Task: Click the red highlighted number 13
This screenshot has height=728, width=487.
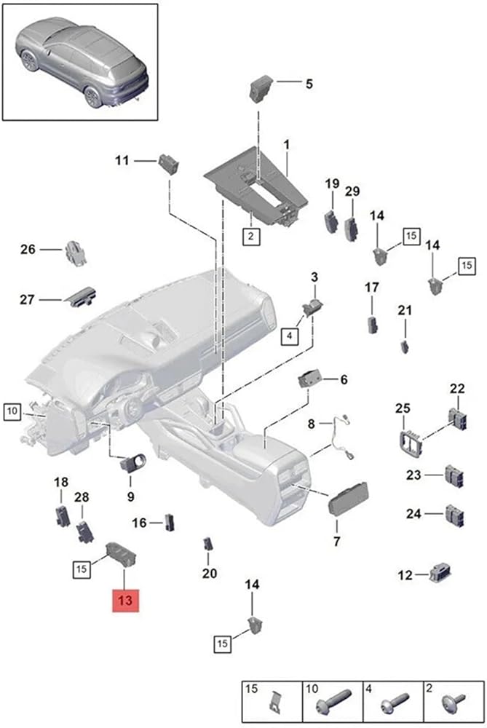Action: point(124,601)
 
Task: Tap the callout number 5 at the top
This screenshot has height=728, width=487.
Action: point(309,84)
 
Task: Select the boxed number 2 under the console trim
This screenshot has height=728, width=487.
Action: point(250,236)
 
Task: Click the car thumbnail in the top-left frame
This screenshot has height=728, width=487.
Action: point(80,62)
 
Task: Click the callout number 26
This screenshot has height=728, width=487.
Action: point(28,250)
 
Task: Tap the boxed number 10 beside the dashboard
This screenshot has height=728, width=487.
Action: point(12,412)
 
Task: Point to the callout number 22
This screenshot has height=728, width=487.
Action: point(456,389)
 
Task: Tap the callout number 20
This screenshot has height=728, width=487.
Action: point(210,573)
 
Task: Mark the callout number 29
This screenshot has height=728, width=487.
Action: point(352,191)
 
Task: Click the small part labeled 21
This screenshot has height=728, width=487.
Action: point(404,344)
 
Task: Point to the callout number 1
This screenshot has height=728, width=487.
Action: point(287,146)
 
